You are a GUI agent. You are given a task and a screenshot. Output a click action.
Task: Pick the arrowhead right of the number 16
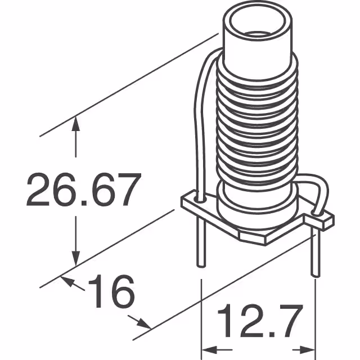click(143, 324)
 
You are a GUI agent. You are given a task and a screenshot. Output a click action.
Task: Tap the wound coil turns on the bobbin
click(256, 124)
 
